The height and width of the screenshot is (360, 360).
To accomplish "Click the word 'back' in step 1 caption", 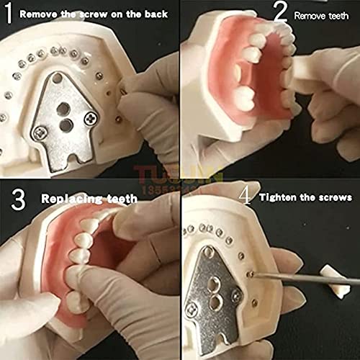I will (154, 14).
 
